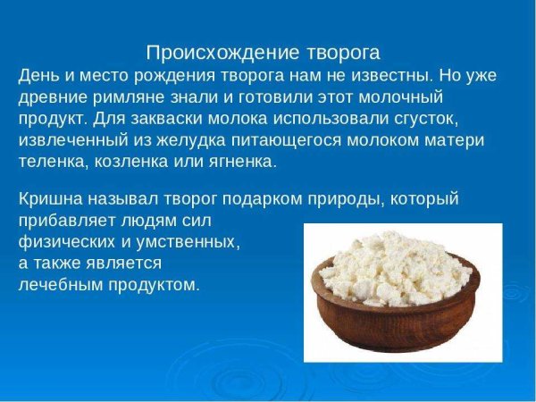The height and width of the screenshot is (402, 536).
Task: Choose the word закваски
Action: tap(152, 118)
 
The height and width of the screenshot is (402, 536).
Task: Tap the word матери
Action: tap(456, 141)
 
